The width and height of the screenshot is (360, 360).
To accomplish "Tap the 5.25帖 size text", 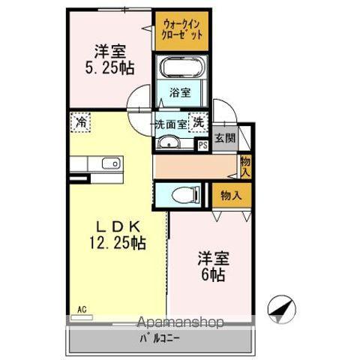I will coord(109,67).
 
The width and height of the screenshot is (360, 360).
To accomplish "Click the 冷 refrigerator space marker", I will coord(80,121).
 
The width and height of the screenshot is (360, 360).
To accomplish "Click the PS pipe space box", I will coord(202,145).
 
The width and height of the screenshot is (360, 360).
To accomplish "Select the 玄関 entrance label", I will coord(223,138).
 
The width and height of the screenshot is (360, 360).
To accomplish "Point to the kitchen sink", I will coord(109,163).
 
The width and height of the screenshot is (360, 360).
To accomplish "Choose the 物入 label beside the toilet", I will coord(230,195).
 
